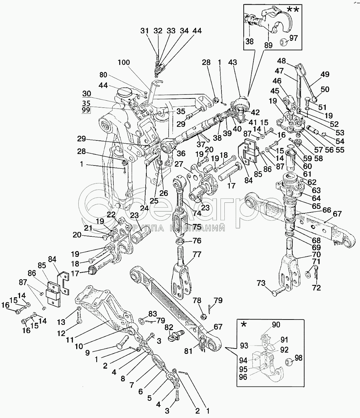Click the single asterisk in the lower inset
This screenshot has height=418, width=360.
tap(244, 325)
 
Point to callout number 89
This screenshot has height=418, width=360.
tap(268, 45)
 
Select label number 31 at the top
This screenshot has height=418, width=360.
tap(144, 31)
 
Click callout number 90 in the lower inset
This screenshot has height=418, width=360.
tap(276, 325)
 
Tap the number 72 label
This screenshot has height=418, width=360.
tap(316, 287)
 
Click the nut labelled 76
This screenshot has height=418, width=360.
tap(181, 241)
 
